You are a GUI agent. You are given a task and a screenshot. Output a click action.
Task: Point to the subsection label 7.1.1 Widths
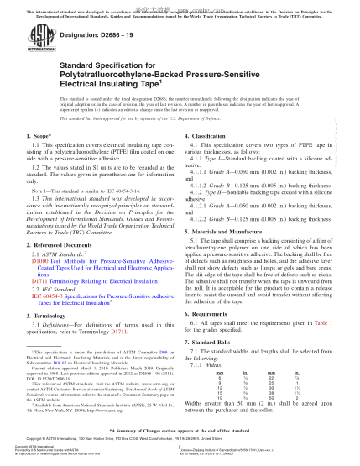coord(222,362)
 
